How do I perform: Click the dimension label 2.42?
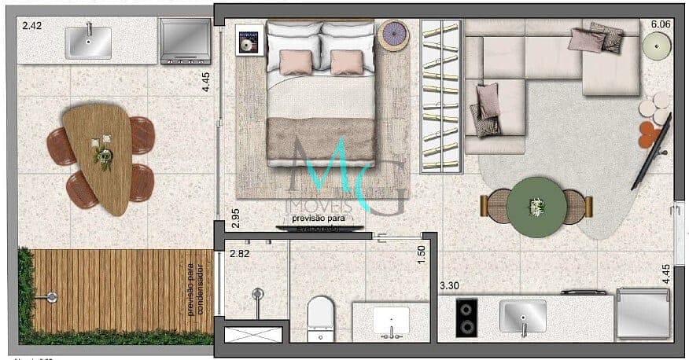tap(31, 26)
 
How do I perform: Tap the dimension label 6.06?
tap(660, 25)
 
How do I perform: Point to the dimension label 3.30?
tap(448, 285)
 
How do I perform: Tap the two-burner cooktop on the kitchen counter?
tap(466, 318)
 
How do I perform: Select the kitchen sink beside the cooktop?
tap(523, 316)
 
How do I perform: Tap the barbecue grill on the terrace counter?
tap(185, 41)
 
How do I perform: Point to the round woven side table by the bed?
tap(392, 36)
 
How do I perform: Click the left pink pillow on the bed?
tap(296, 62)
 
